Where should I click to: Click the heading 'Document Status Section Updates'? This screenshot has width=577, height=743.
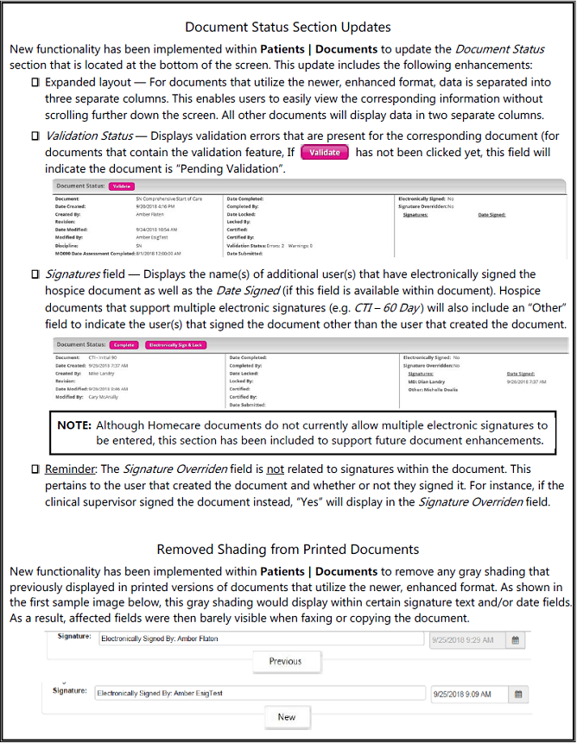pos(288,27)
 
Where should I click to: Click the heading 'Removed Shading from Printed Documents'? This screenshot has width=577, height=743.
pos(288,549)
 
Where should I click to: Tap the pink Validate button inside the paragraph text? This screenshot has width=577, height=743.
pos(325,152)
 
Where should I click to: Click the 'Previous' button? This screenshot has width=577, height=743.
pos(285,661)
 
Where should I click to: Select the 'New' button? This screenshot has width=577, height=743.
pos(287,717)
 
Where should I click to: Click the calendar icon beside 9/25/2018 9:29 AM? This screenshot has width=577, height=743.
pos(516,639)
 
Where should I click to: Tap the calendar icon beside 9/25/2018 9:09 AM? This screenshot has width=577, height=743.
pos(518,693)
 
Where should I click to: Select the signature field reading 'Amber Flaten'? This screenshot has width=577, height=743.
pos(259,639)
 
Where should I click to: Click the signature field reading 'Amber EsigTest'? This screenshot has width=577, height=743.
pos(259,693)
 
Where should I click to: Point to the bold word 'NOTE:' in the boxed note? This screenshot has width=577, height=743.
pos(74,425)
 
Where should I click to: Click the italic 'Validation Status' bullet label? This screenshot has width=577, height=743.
pos(89,135)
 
